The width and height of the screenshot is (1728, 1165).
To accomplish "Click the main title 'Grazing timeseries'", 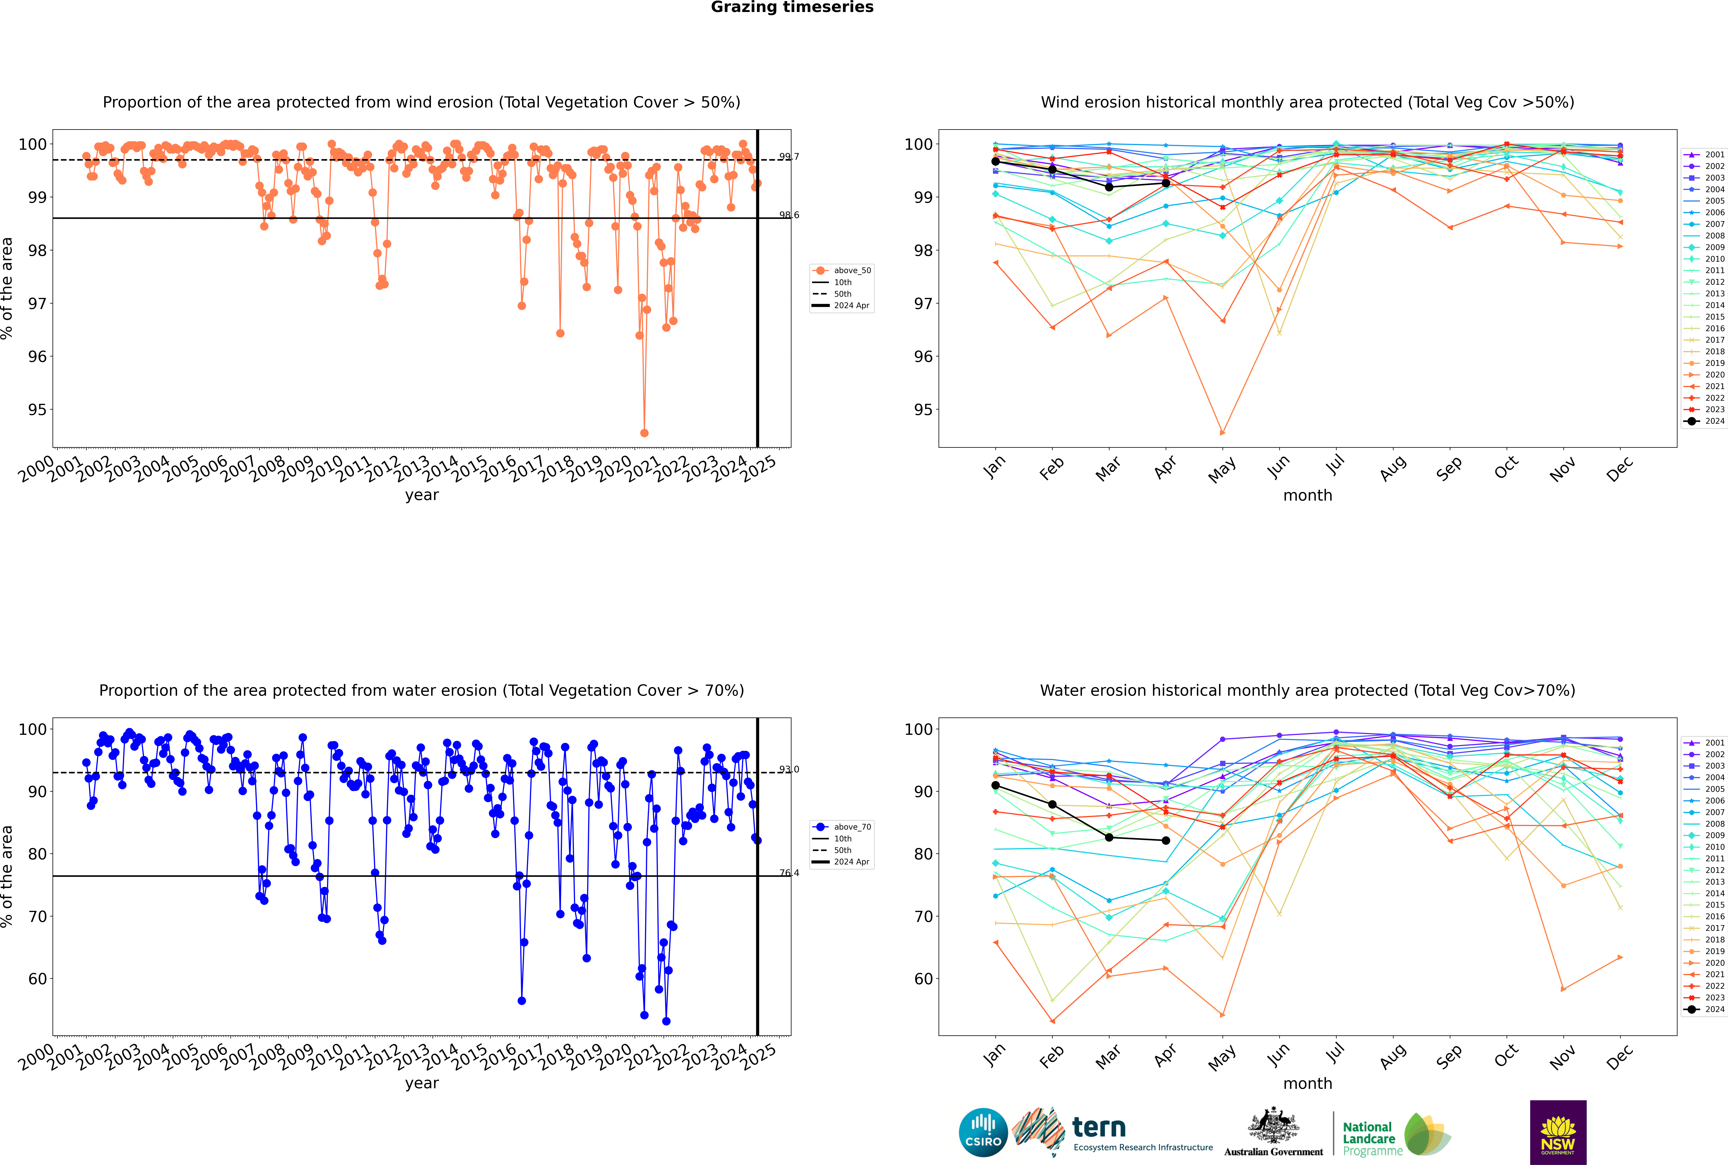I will pyautogui.click(x=792, y=7).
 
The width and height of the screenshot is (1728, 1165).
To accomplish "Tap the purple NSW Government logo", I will pyautogui.click(x=1558, y=1132).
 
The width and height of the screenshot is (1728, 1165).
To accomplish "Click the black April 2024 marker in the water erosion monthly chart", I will pyautogui.click(x=1166, y=840).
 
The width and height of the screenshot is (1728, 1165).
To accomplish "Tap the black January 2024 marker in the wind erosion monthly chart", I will pyautogui.click(x=996, y=161).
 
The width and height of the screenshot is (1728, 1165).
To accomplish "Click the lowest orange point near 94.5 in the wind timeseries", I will pyautogui.click(x=644, y=432).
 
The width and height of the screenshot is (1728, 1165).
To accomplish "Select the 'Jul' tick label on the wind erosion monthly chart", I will pyautogui.click(x=1335, y=465).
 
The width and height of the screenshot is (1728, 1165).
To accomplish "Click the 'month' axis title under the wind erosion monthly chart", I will pyautogui.click(x=1307, y=496).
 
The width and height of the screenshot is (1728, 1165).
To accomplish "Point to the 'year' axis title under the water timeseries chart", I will pyautogui.click(x=421, y=1083).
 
